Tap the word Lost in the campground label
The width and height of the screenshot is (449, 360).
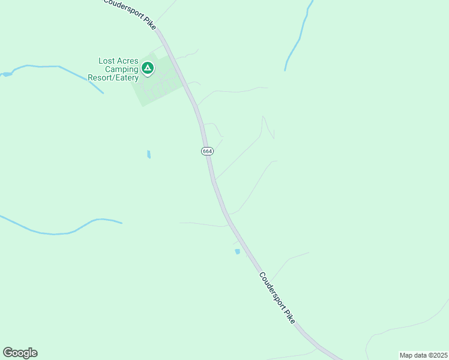pyautogui.click(x=109, y=61)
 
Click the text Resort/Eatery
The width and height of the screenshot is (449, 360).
pyautogui.click(x=113, y=77)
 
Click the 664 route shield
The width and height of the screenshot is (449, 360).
pyautogui.click(x=207, y=151)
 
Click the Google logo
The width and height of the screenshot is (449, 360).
pyautogui.click(x=20, y=353)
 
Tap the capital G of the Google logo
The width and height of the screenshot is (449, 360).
pyautogui.click(x=8, y=353)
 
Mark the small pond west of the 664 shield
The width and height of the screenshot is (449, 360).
pyautogui.click(x=149, y=154)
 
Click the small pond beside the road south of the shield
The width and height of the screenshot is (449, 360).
pyautogui.click(x=237, y=251)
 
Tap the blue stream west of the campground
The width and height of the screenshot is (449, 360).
pyautogui.click(x=54, y=67)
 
